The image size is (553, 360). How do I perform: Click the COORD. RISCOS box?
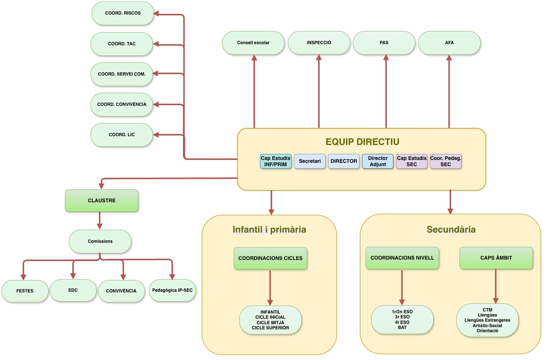point(123,13)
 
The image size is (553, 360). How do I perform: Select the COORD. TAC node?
point(122,44)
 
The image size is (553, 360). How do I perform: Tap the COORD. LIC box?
point(122,135)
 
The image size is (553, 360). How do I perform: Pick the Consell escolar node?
point(253,43)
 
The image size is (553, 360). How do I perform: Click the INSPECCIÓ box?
point(319,43)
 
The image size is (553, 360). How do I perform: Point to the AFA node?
point(449,43)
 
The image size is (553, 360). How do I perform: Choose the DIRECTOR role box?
point(344,161)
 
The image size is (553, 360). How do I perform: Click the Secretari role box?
point(310,161)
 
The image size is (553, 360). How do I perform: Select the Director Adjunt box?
point(378,161)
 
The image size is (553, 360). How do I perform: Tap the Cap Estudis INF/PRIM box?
point(276,161)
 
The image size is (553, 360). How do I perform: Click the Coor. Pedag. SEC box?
point(446,161)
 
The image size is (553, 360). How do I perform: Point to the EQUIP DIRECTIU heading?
point(362,142)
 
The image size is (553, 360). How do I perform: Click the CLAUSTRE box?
point(102,200)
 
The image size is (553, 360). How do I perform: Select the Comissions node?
point(100,241)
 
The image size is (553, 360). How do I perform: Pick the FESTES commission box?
point(25,291)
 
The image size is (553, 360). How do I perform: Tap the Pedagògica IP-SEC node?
point(172,290)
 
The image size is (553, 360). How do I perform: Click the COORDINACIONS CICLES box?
point(270,258)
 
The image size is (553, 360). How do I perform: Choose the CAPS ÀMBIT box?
point(496,258)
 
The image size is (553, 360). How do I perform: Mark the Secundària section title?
point(451,229)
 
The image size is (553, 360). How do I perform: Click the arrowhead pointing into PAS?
point(386,58)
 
